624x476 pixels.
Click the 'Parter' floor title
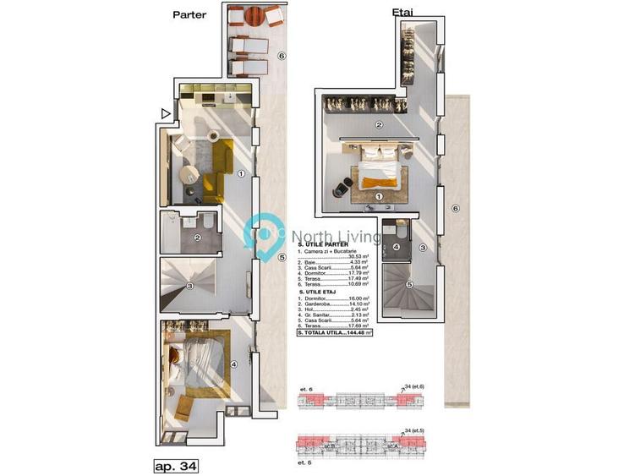[x=189, y=14]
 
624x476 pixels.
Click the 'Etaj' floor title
[x=402, y=14]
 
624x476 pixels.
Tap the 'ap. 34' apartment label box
[x=176, y=465]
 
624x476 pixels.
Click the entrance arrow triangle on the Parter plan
[x=167, y=112]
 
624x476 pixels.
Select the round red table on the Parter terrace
[x=255, y=15]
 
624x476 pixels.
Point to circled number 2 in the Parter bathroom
[x=196, y=238]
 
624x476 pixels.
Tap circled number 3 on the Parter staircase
[x=191, y=287]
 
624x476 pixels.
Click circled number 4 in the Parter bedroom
[x=234, y=364]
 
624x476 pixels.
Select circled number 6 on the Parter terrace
[x=282, y=57]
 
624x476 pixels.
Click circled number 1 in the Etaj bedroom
[x=379, y=196]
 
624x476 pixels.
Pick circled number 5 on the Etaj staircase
[x=410, y=284]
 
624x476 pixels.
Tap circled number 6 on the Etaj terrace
[x=454, y=208]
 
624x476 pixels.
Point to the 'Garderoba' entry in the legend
[x=321, y=305]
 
